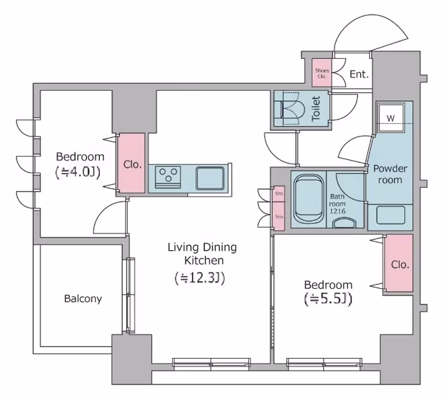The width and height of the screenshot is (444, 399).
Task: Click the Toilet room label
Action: tap(316, 109)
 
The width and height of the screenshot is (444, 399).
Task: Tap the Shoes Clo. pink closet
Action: tap(322, 73)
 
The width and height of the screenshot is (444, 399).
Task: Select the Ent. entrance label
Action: tap(359, 74)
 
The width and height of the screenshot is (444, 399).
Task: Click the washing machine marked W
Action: tap(391, 118)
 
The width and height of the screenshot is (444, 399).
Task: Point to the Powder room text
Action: tap(390, 174)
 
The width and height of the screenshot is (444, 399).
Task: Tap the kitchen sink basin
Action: tap(210, 179)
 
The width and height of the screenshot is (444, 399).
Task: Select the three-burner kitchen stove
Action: tap(168, 177)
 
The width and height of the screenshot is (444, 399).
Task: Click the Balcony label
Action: tap(83, 299)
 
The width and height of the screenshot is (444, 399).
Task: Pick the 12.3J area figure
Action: tap(200, 278)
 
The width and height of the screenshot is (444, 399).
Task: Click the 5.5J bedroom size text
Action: tap(328, 299)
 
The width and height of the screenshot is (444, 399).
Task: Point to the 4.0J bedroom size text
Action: tap(78, 172)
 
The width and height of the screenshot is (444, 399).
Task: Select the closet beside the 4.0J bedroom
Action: tap(132, 163)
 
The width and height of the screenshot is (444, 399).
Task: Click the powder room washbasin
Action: tap(391, 215)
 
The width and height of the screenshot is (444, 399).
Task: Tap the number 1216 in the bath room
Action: tap(337, 211)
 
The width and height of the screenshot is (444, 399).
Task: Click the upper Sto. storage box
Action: tap(279, 194)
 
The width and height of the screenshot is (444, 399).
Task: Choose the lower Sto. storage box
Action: tap(279, 216)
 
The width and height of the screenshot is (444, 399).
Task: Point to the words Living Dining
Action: tap(202, 248)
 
